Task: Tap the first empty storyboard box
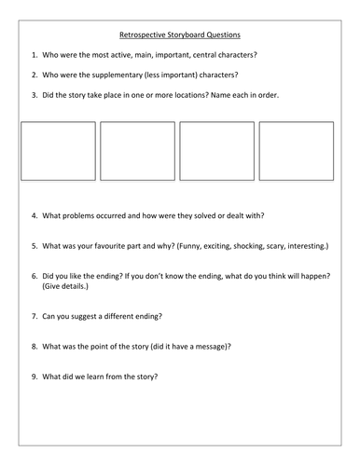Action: [x=59, y=150]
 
